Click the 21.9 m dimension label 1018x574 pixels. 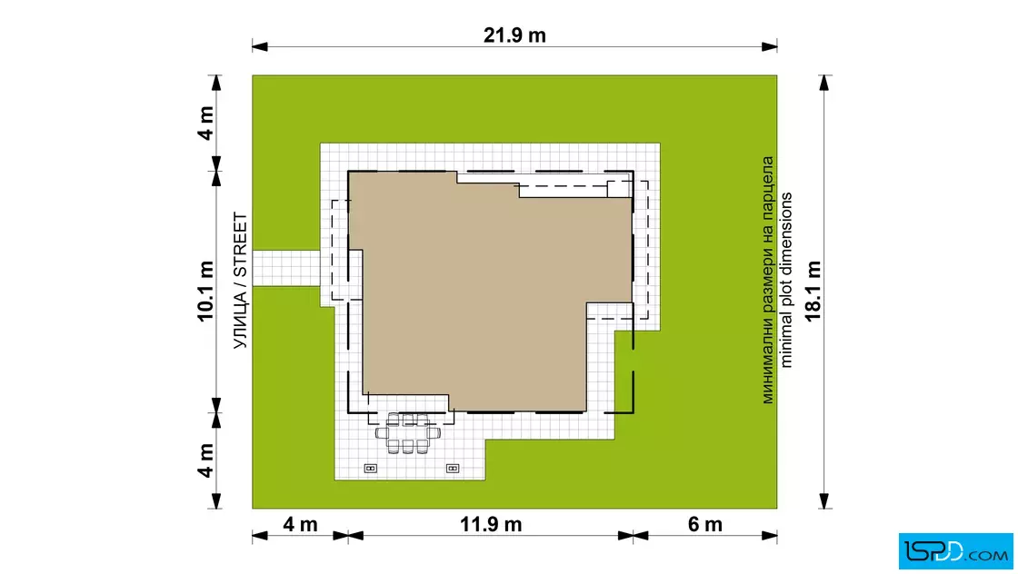coord(514,35)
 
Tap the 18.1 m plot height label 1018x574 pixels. coord(813,292)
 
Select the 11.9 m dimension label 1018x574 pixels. coord(491,524)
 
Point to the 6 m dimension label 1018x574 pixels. coord(705,524)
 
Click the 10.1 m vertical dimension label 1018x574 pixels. coord(205,292)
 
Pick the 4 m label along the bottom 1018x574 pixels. coord(300,524)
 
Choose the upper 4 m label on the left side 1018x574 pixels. coord(205,124)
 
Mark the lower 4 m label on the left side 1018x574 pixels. coord(205,460)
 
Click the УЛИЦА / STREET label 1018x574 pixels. coord(240,281)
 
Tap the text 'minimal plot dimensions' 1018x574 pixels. coord(786,281)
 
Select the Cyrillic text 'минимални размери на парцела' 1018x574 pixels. coord(768,281)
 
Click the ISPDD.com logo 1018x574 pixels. coord(955,551)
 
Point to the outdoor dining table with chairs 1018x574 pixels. coord(408,432)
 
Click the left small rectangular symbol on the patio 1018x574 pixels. coord(371,469)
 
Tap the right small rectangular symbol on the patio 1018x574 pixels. coord(453,469)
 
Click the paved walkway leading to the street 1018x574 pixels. coord(286,268)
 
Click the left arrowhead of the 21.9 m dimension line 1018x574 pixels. coord(260,46)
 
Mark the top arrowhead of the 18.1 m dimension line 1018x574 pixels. coord(824,83)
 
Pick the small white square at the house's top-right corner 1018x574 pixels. coord(619,189)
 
